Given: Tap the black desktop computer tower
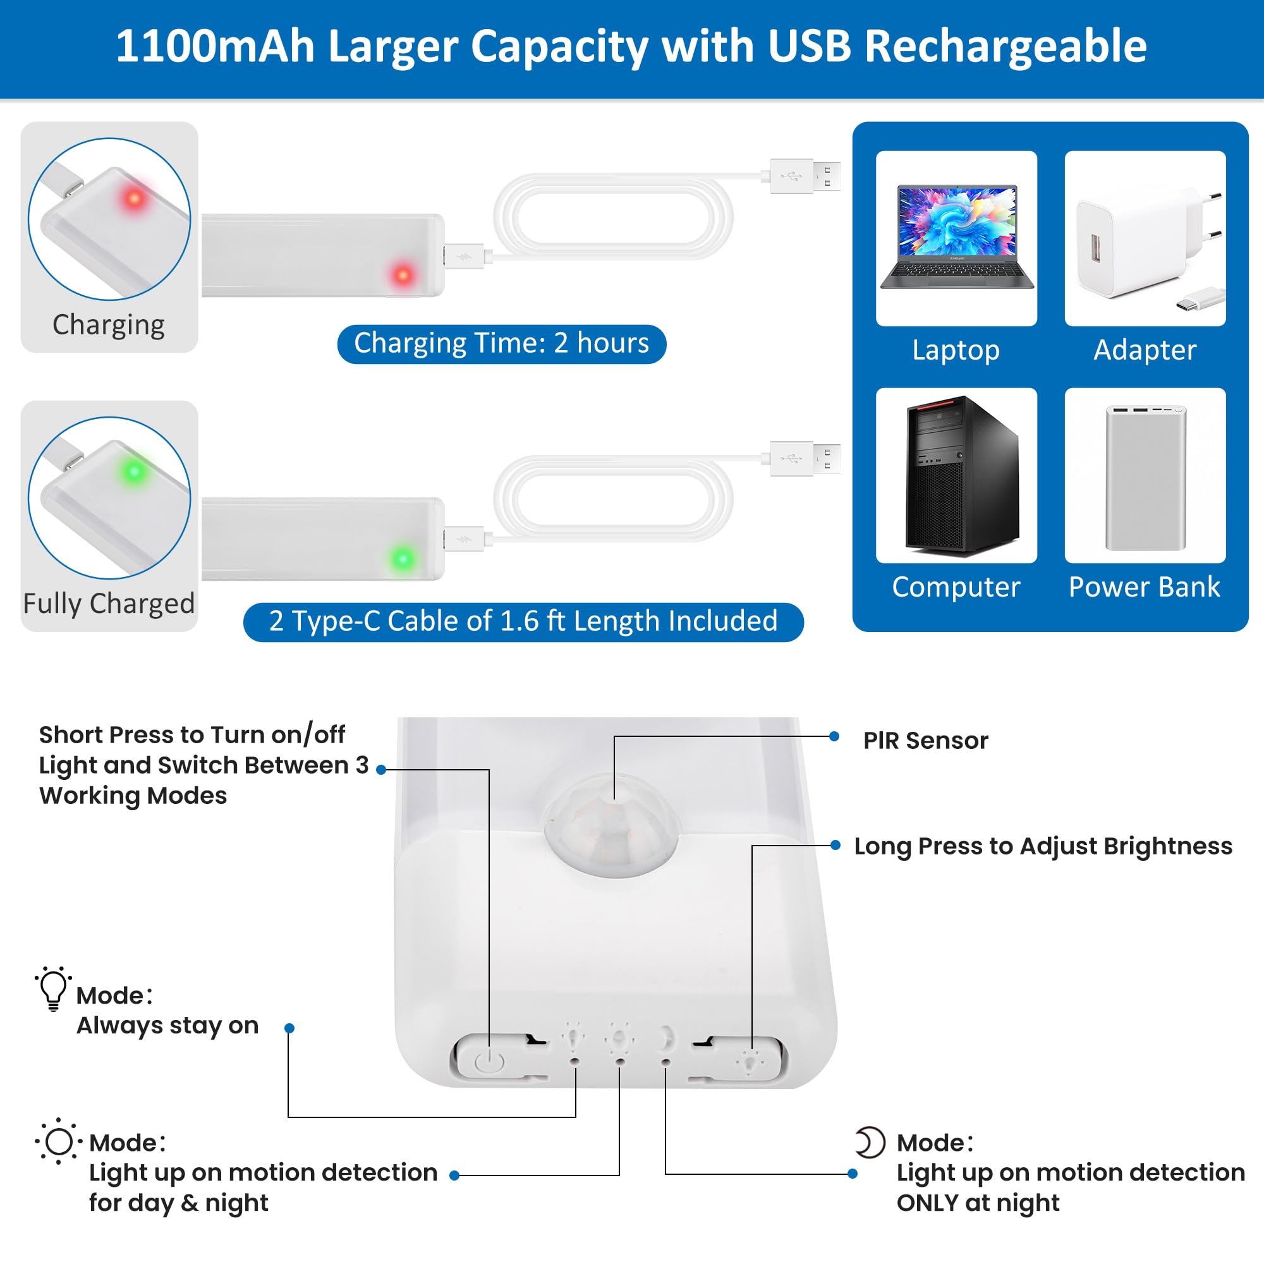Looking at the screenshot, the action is point(962,475).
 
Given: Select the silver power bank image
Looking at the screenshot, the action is point(1145,478).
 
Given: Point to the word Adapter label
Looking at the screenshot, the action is point(1145,350).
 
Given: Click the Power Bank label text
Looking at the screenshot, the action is point(1145,587).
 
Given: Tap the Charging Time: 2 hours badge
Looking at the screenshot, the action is point(502,343).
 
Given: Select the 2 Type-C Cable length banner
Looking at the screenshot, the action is point(523,621).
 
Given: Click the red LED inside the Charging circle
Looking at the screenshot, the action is point(135,198).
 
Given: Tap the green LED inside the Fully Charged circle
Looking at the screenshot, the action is point(135,471).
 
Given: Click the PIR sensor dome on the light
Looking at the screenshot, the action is point(612,824).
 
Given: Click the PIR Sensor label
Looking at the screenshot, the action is point(926,741).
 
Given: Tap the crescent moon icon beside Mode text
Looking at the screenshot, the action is point(871,1142).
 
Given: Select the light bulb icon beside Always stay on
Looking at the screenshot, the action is point(54,988).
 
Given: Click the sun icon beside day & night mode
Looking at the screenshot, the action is point(59,1141).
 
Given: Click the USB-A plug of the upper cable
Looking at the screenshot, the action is point(805,176).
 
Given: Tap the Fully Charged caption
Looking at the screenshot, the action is point(109,603).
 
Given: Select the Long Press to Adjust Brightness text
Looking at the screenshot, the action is point(1043,847).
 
